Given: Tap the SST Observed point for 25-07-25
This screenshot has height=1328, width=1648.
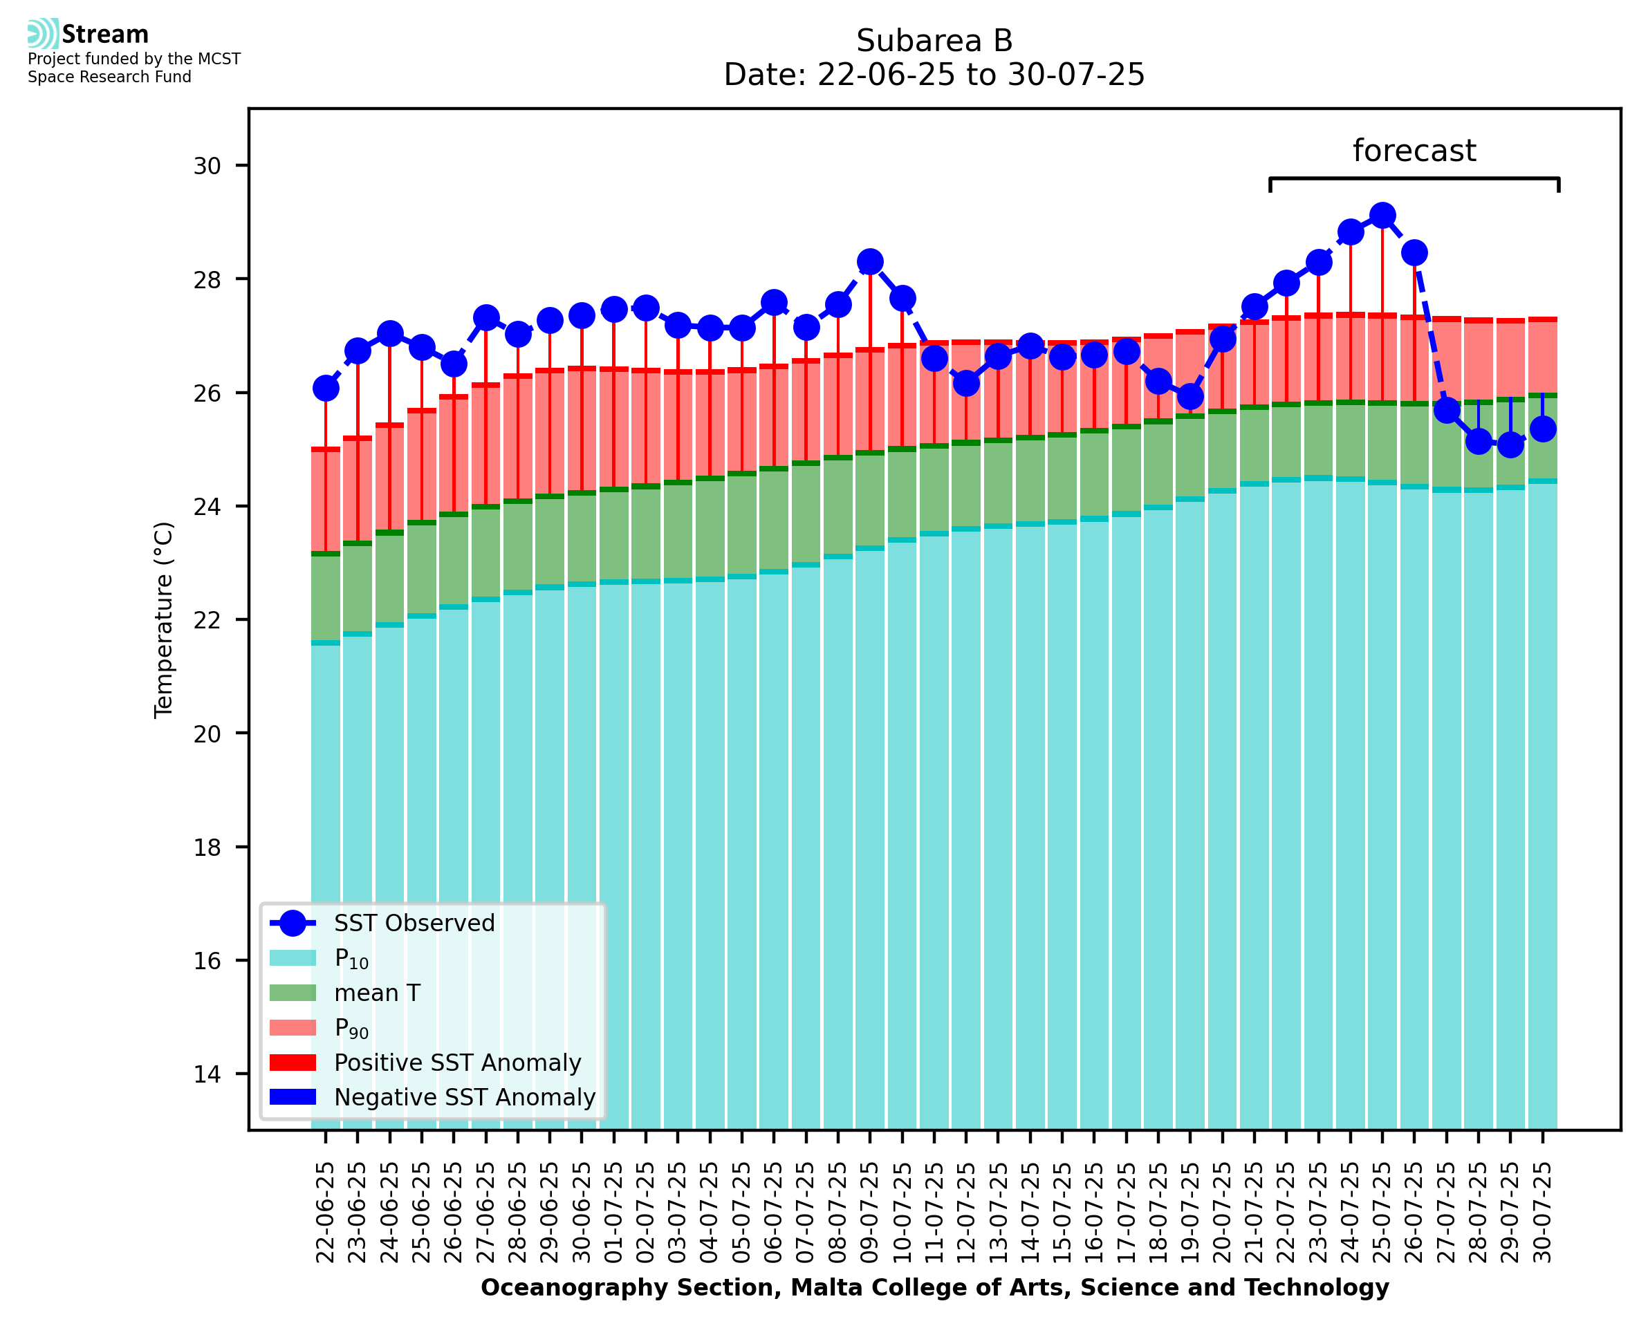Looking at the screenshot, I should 1382,216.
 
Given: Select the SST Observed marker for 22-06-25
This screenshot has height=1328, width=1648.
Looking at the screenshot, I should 326,389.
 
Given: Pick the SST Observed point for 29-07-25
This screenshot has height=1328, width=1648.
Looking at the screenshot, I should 1510,445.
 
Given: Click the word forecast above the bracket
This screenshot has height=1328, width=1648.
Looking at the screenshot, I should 1414,151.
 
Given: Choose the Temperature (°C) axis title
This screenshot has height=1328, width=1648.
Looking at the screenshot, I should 164,619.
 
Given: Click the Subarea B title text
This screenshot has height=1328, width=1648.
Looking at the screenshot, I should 934,41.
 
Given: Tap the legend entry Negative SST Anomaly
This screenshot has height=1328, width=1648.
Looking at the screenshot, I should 465,1097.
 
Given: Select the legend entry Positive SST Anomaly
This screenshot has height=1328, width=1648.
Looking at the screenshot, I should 458,1063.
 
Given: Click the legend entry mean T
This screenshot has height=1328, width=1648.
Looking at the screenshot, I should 377,993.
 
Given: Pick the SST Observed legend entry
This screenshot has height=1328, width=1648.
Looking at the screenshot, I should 414,924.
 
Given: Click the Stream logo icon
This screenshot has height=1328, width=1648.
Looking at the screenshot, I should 43,34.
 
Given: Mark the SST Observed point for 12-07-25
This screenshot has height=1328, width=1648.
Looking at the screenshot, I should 965,383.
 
